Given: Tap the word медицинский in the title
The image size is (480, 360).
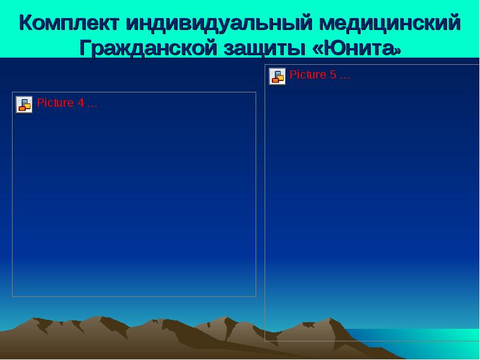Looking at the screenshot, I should (x=389, y=23).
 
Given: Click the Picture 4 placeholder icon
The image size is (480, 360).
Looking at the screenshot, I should (x=24, y=104).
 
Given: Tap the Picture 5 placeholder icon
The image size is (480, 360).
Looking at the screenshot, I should (x=277, y=76).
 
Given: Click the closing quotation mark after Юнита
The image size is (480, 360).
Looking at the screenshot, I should (x=397, y=50).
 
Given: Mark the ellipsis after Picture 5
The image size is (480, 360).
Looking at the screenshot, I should (x=344, y=77).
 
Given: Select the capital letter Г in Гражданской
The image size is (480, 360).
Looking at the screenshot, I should (x=85, y=48).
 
